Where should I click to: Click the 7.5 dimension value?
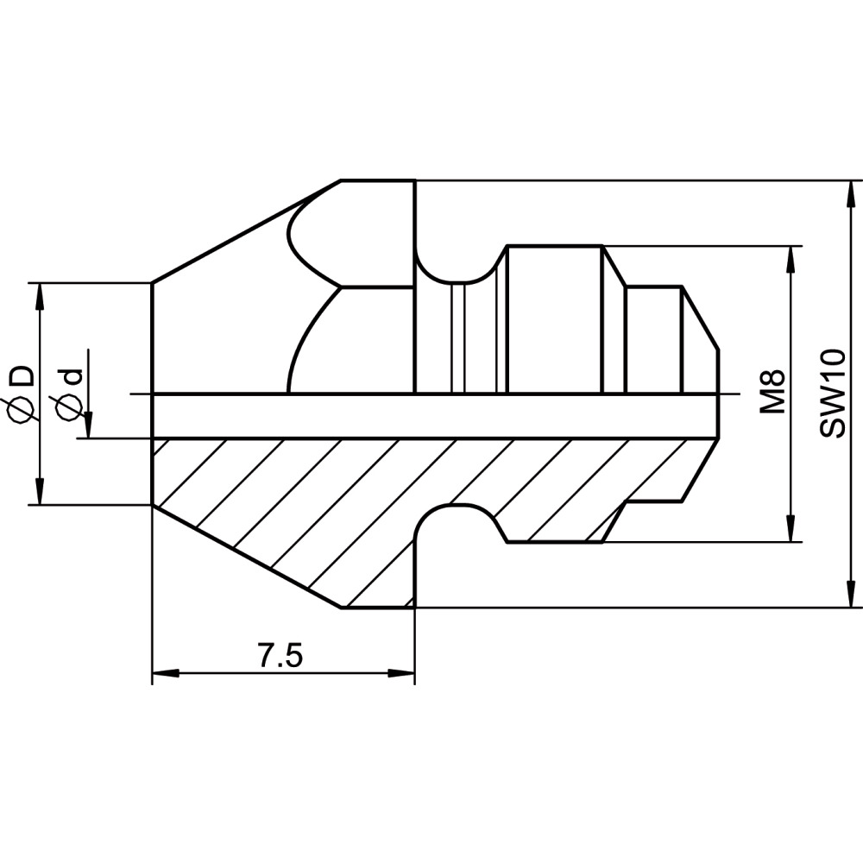[280, 656]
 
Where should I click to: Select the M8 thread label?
[772, 392]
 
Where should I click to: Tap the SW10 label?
[832, 393]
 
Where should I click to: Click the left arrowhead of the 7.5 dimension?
[166, 673]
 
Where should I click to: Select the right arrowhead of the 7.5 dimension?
[400, 673]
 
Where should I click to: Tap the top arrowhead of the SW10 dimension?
[852, 193]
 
